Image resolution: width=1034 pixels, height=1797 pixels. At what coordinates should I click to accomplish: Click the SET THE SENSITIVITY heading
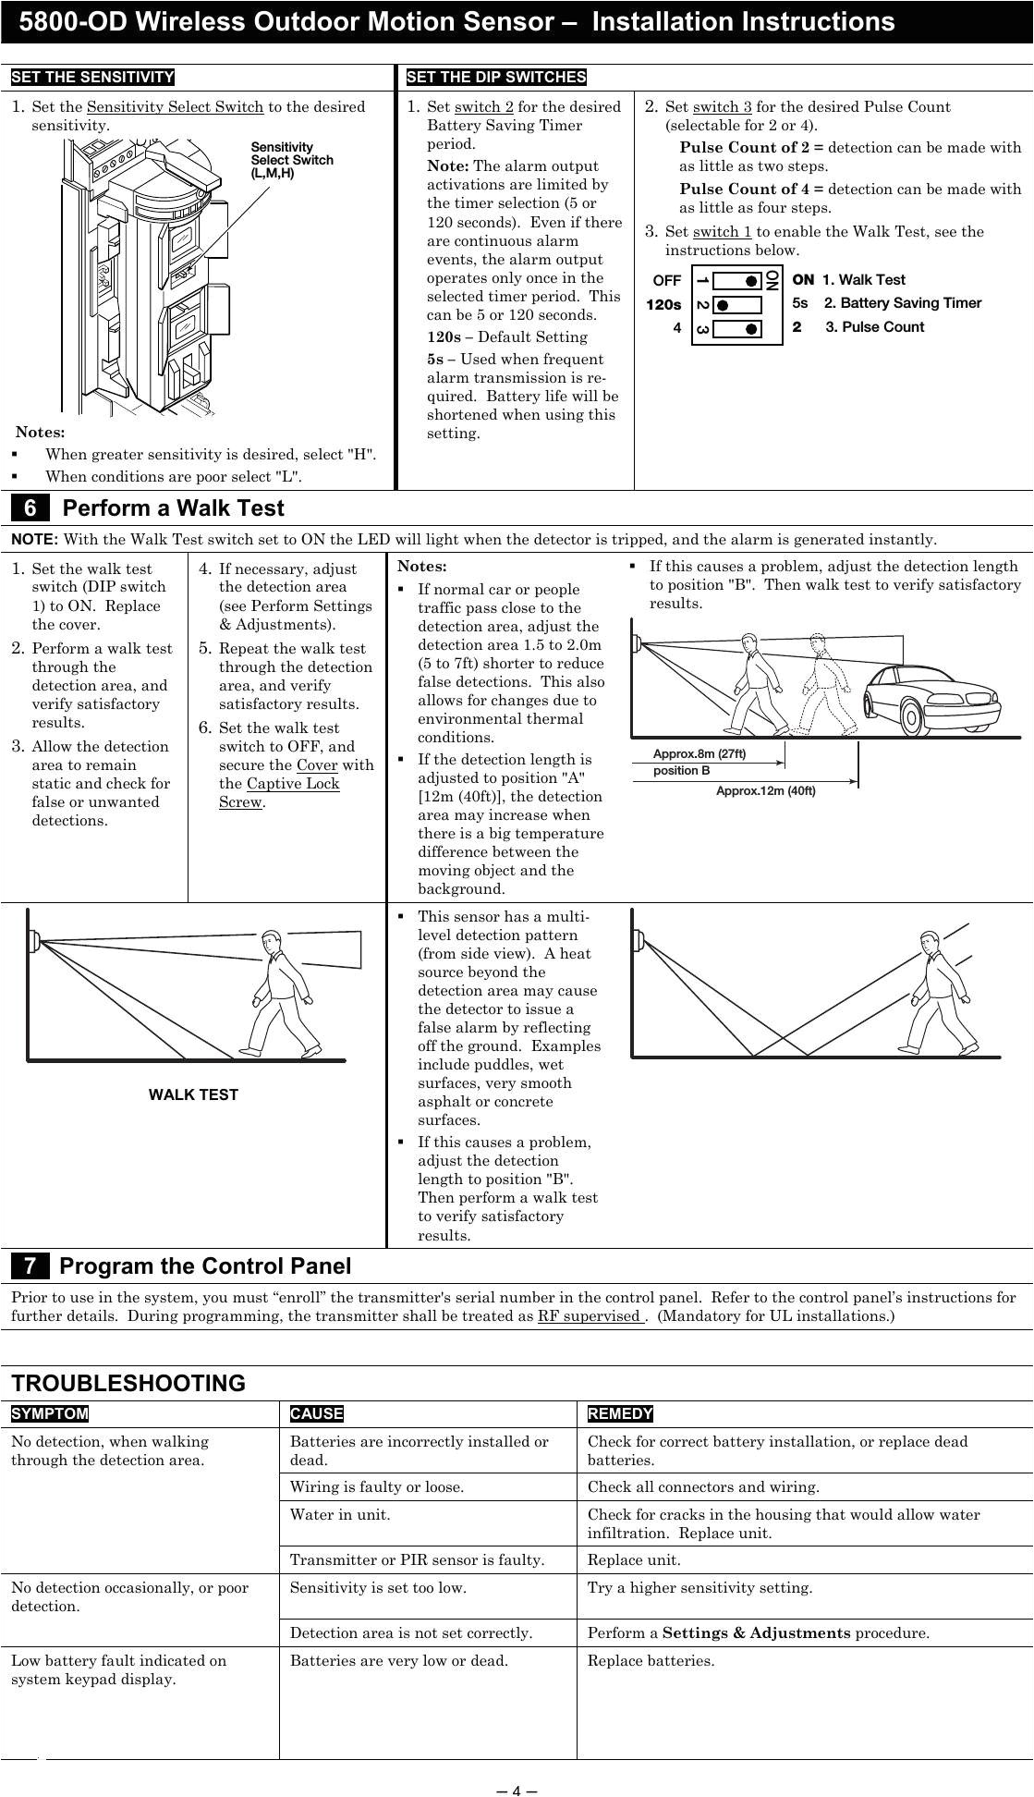point(92,77)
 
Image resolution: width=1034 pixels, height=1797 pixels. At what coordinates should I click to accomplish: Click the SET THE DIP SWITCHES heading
point(496,77)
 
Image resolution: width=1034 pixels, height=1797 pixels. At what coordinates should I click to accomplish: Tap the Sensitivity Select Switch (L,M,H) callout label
point(292,160)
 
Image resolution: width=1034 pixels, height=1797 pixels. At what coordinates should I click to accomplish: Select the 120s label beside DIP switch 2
point(663,304)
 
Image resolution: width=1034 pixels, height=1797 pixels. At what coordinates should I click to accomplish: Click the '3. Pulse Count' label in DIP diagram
point(874,327)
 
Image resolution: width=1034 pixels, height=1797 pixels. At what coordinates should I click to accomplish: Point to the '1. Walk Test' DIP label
point(863,280)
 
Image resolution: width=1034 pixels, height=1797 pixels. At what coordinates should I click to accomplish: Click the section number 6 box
point(30,508)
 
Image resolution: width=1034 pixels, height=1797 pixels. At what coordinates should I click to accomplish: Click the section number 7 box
point(30,1266)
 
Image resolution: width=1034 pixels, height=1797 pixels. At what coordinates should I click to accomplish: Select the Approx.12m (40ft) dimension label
point(766,791)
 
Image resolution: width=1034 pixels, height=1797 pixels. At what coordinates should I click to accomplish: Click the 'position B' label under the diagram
point(681,771)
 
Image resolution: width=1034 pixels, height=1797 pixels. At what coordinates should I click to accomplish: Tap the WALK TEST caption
point(193,1095)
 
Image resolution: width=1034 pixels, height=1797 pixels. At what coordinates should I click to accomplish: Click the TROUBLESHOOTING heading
point(128,1384)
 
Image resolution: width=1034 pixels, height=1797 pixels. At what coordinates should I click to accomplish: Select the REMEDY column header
point(620,1414)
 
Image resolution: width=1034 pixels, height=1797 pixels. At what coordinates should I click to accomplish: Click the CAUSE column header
point(316,1414)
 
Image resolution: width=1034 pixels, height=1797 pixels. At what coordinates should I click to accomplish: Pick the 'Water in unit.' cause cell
point(340,1515)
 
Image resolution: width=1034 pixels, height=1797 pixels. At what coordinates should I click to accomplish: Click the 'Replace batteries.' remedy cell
point(651,1661)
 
